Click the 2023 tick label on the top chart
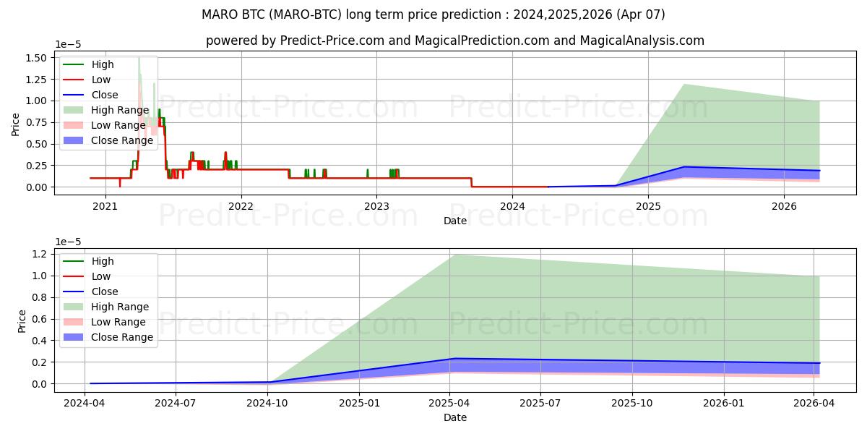click(x=376, y=206)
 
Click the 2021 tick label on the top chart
click(x=105, y=206)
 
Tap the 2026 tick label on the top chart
click(x=784, y=206)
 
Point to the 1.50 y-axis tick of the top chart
click(x=36, y=58)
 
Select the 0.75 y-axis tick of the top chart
click(x=36, y=122)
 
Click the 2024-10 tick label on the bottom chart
click(x=268, y=403)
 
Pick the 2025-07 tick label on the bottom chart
click(x=540, y=403)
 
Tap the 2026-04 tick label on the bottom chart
click(x=814, y=403)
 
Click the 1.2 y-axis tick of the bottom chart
click(x=40, y=254)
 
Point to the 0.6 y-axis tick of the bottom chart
click(x=40, y=319)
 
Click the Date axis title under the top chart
click(x=455, y=221)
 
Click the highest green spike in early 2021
click(x=139, y=59)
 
